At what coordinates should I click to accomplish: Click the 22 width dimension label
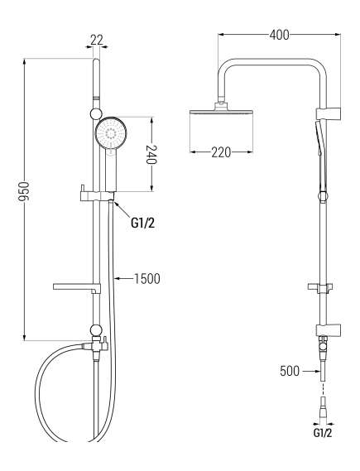point(97,40)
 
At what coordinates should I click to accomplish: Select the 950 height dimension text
point(24,192)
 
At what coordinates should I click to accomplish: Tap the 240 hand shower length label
point(151,155)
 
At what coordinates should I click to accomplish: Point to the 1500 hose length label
point(146,279)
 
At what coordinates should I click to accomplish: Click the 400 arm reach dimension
point(279,35)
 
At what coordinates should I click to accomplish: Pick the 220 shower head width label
point(221,152)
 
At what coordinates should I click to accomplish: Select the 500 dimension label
point(290,371)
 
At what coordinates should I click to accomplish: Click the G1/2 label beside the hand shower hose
point(143,223)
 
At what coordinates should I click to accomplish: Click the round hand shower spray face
point(111,132)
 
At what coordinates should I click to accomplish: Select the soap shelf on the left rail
point(76,287)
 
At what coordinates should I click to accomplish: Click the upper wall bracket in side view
point(329,114)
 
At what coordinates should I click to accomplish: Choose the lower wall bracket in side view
point(329,330)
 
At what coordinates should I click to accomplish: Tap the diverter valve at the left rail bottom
point(96,345)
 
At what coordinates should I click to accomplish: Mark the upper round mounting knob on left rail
point(96,115)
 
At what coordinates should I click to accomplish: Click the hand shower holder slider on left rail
point(97,195)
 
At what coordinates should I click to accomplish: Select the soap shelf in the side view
point(321,287)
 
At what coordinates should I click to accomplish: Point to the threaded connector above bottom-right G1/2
point(323,409)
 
